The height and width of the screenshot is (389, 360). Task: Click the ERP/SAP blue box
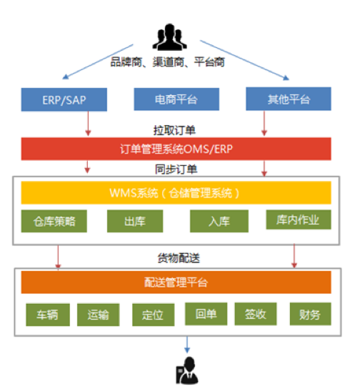pos(64,99)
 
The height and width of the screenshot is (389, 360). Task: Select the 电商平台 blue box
pos(176,99)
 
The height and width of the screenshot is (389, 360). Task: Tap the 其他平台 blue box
pos(289,99)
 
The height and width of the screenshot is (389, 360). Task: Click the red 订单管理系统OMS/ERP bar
pos(176,149)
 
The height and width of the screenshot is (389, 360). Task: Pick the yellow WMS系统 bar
pos(176,193)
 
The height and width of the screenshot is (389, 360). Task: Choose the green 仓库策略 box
pos(54,221)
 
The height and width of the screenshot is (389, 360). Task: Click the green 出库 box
pos(135,221)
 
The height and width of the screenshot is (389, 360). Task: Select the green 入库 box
pos(219,221)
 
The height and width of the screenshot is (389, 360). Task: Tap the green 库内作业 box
pos(299,220)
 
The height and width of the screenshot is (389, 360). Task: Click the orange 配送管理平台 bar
pos(176,282)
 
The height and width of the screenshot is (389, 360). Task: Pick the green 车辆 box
pos(48,315)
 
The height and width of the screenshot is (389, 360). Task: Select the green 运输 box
pos(99,315)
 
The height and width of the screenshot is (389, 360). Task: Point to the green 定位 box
pos(154,315)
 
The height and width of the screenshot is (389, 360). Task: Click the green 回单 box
pos(206,314)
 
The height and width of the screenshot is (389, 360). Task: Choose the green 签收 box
pos(256,314)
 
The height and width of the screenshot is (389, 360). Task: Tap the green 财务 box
pos(311,314)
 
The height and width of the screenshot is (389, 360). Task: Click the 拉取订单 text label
pos(175,130)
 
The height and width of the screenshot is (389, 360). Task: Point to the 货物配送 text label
pos(179,258)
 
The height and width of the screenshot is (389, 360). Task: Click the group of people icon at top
pos(170,37)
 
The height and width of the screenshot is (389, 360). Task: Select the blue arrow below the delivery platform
pos(187,345)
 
